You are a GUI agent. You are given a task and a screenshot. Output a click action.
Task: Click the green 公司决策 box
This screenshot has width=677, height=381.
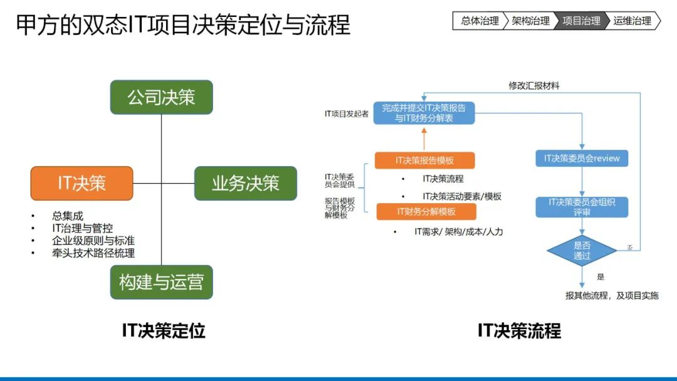tap(162, 97)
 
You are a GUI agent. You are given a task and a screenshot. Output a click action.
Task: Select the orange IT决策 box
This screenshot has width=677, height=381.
tap(81, 183)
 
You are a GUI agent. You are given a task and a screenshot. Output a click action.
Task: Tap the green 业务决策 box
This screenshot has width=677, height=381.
tap(245, 183)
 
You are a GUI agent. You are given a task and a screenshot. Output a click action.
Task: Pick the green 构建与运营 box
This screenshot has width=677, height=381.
tap(162, 282)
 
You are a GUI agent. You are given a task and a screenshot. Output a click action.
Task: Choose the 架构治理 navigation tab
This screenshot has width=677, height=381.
tap(530, 21)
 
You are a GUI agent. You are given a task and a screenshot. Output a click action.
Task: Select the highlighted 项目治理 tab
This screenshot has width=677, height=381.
tap(581, 21)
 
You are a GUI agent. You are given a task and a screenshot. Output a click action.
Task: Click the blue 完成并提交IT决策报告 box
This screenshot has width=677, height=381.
tap(424, 113)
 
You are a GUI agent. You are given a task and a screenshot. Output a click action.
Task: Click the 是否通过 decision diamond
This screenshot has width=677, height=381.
tap(582, 251)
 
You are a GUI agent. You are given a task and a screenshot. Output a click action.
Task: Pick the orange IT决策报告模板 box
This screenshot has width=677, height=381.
tap(424, 160)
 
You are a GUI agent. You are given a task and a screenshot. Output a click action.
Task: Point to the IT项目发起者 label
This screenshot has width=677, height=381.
tap(347, 113)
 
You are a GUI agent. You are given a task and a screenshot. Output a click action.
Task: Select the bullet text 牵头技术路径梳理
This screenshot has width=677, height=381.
tap(93, 253)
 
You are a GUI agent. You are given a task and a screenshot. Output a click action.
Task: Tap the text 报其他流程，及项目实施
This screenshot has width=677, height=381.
tap(612, 295)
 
